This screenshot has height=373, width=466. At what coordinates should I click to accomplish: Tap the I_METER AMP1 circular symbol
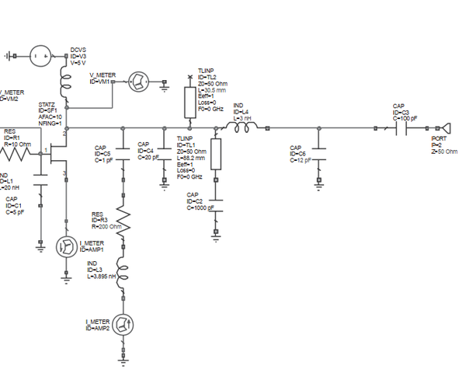click(x=68, y=247)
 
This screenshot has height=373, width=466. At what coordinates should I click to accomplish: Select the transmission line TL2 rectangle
click(x=190, y=101)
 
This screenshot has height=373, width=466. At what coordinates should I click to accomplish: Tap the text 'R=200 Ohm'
click(x=108, y=226)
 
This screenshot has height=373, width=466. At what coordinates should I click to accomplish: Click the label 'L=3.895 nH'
click(x=103, y=275)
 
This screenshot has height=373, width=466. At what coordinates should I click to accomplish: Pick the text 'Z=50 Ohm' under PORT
click(x=444, y=152)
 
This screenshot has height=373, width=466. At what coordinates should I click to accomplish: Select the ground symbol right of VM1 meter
click(x=164, y=88)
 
